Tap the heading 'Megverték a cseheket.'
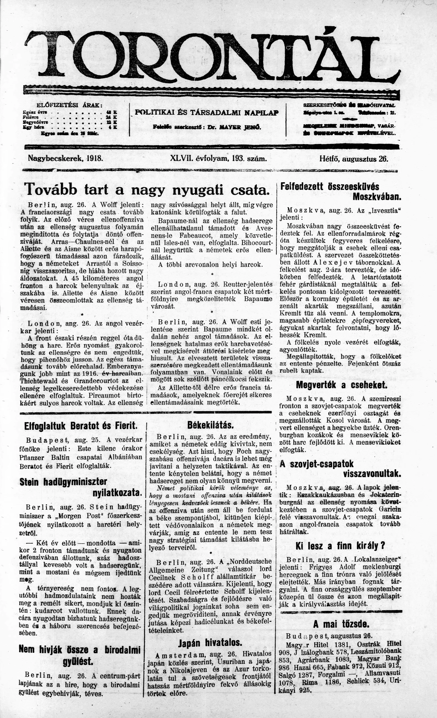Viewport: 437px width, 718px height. point(341,385)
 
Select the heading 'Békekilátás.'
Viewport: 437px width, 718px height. point(211,425)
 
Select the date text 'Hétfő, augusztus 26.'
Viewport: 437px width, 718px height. point(354,159)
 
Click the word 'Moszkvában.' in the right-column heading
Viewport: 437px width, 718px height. point(377,197)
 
